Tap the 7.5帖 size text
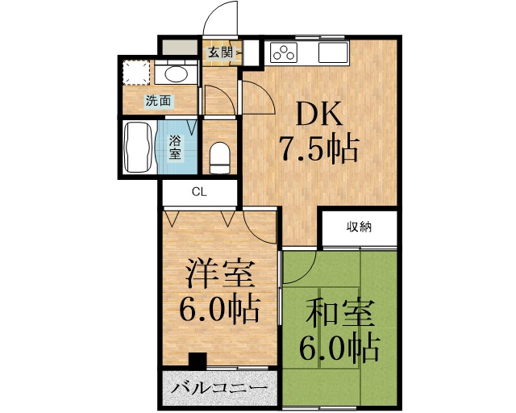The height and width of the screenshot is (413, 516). coord(318,151)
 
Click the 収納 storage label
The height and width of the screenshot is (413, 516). coord(360,227)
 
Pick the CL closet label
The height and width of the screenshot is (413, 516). coord(199,192)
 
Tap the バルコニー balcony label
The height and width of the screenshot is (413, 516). coord(218,388)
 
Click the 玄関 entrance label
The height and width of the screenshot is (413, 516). coord(218,53)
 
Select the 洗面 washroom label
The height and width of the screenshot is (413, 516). coord(157,101)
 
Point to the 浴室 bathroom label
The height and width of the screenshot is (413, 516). coord(176,147)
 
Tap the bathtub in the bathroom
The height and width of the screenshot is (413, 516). coord(140,147)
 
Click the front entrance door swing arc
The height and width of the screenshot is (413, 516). coord(220,19)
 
